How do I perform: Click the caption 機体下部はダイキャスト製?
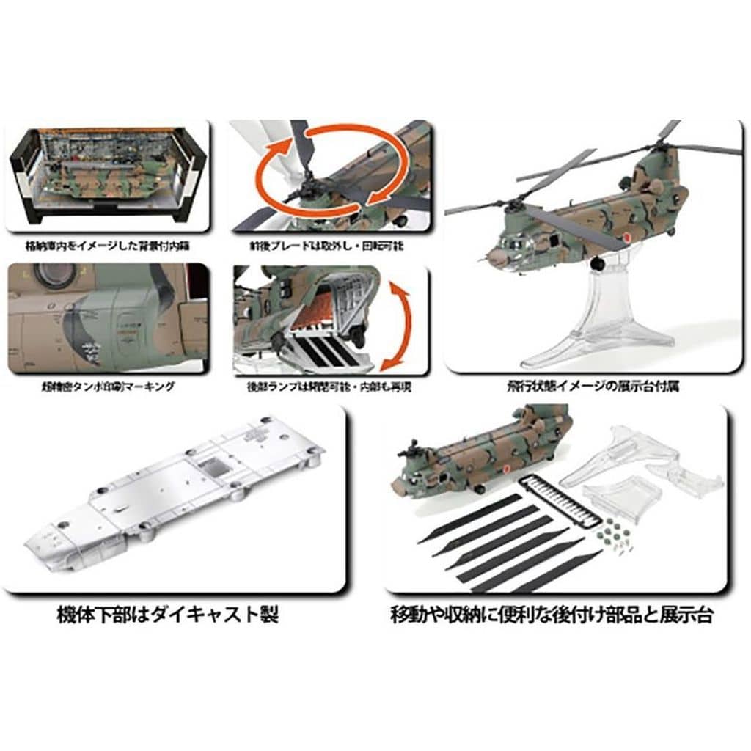click(x=168, y=615)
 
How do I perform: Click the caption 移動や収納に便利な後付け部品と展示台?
click(x=552, y=615)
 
